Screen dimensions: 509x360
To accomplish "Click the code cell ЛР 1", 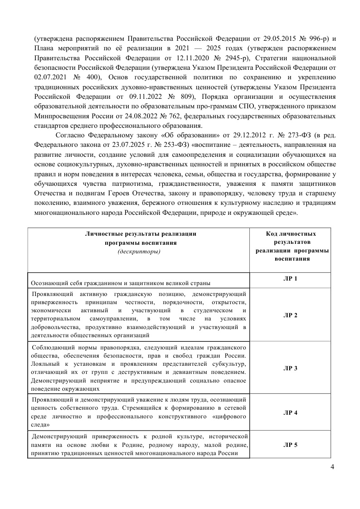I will click(x=290, y=278).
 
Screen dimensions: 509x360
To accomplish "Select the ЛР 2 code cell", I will click(x=290, y=315).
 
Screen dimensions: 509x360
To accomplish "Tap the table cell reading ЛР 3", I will click(x=290, y=368).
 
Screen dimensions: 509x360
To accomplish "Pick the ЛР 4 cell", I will click(x=290, y=412).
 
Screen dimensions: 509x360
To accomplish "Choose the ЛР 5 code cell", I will click(x=290, y=445).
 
